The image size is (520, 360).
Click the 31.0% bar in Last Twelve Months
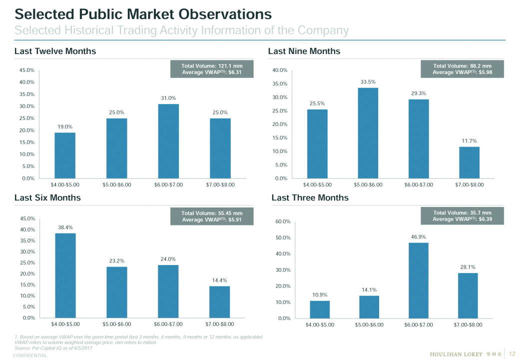click(x=168, y=141)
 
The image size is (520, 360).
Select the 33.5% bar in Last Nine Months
click(x=368, y=133)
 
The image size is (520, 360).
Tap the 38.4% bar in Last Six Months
click(x=65, y=275)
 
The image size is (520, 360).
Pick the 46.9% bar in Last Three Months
click(x=419, y=280)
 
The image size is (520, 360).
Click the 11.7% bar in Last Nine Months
click(x=469, y=162)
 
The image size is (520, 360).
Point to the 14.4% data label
click(x=220, y=280)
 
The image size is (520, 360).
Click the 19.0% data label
click(x=65, y=126)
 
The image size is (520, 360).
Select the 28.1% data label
click(x=468, y=267)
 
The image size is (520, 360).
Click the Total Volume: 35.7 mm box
click(x=462, y=216)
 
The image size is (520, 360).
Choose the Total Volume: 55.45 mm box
click(x=212, y=216)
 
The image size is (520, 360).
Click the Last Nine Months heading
click(x=304, y=51)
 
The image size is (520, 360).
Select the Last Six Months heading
click(x=47, y=197)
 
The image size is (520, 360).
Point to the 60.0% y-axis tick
click(x=283, y=221)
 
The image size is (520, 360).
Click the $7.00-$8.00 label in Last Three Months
click(x=468, y=325)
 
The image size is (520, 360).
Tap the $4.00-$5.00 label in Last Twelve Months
click(x=65, y=185)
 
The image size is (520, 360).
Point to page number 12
click(x=512, y=354)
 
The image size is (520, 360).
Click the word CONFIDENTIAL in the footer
click(x=30, y=355)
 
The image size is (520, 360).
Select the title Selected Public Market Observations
click(x=143, y=13)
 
